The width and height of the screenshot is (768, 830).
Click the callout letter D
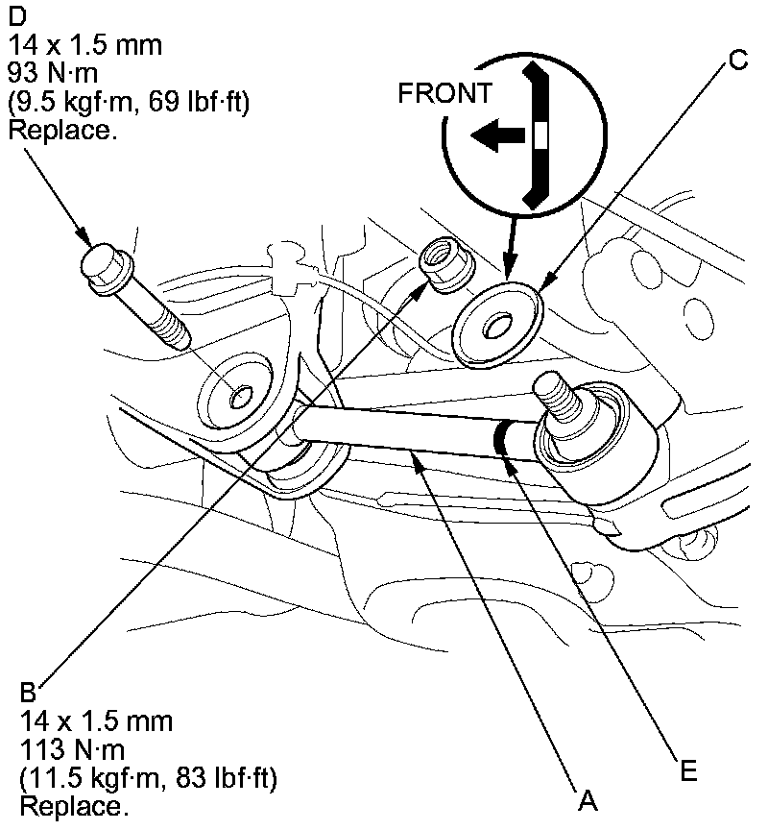[x=17, y=17]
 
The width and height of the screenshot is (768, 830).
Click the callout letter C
[x=737, y=60]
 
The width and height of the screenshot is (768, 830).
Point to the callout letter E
[x=685, y=769]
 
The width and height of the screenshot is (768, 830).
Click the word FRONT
[x=445, y=93]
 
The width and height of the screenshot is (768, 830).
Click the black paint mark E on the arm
[x=502, y=440]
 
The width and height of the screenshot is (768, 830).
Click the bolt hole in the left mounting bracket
[x=240, y=396]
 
